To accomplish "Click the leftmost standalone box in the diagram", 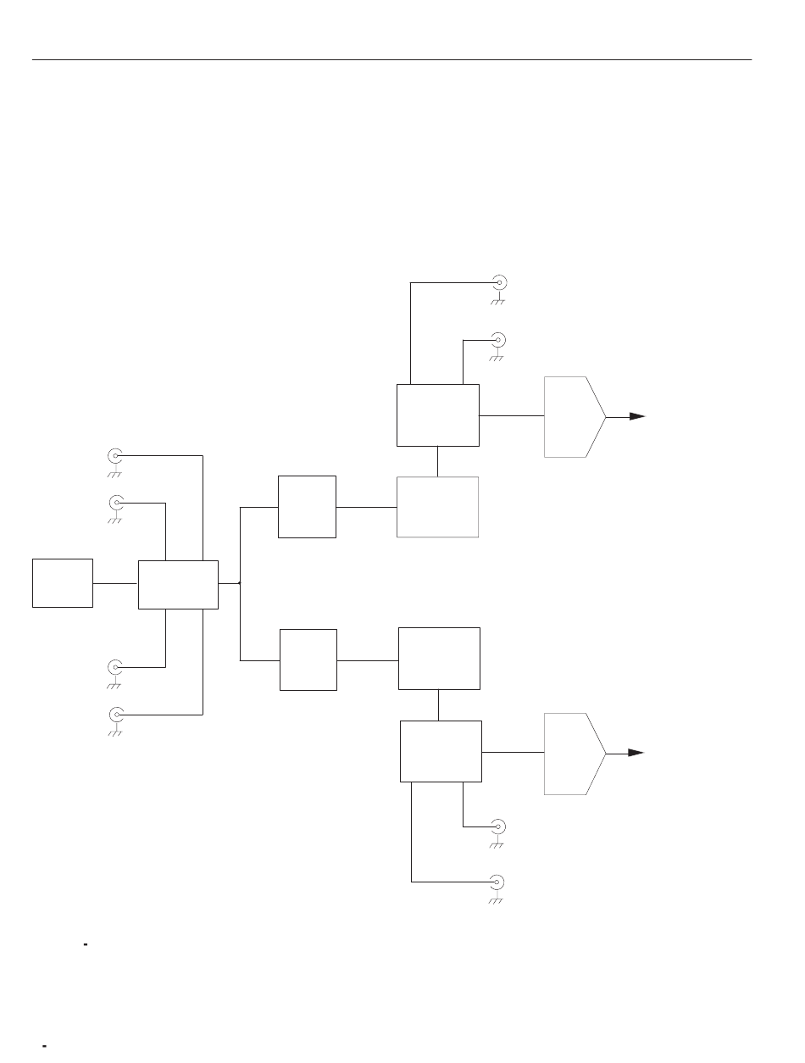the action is click(63, 582).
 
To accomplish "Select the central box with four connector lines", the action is click(178, 584).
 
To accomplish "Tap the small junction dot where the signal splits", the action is click(241, 583).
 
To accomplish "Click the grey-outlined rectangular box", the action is click(437, 507).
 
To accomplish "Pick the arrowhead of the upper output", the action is click(638, 416).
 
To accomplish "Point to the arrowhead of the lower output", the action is click(637, 753).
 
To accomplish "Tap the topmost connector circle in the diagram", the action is click(499, 283).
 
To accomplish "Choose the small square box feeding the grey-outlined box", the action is click(307, 506).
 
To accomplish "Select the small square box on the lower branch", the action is click(308, 660).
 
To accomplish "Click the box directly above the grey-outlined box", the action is click(437, 415).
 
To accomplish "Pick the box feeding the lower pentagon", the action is click(441, 751).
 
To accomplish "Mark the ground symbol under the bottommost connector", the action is click(496, 900).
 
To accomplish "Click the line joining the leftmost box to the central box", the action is click(115, 583).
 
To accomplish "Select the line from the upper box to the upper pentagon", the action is click(511, 416).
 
